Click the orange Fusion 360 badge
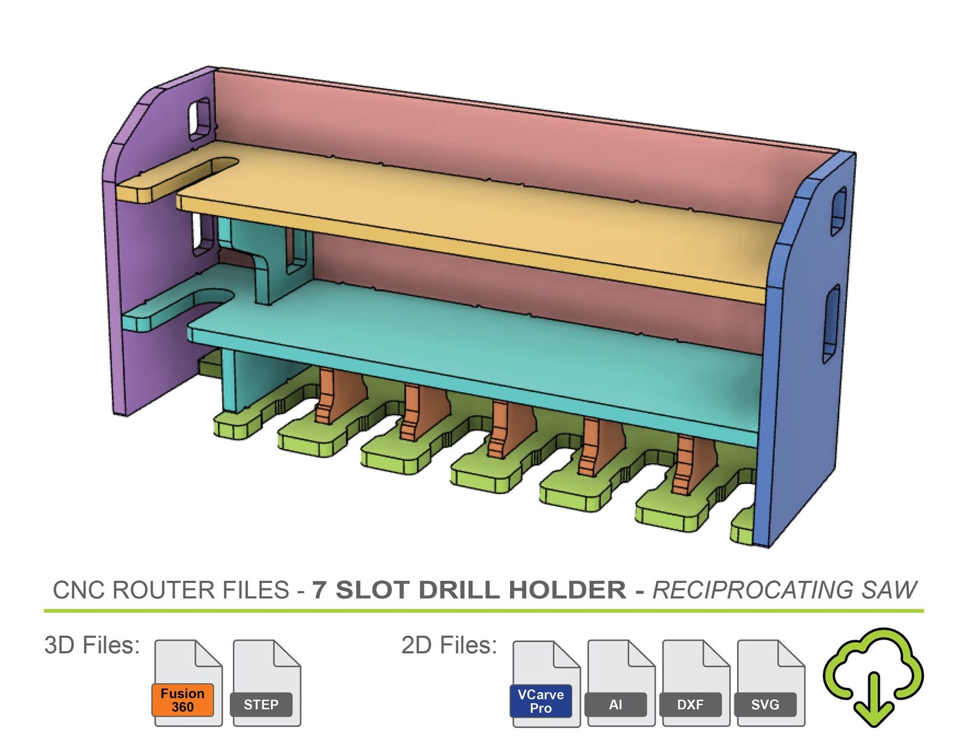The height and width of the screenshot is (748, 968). [182, 700]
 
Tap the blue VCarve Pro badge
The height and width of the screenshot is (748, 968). [540, 701]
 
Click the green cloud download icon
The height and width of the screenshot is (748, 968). [873, 675]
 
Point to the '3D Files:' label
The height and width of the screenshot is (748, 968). [92, 645]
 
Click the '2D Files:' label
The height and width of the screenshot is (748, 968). [449, 645]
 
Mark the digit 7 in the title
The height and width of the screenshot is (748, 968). [319, 590]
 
